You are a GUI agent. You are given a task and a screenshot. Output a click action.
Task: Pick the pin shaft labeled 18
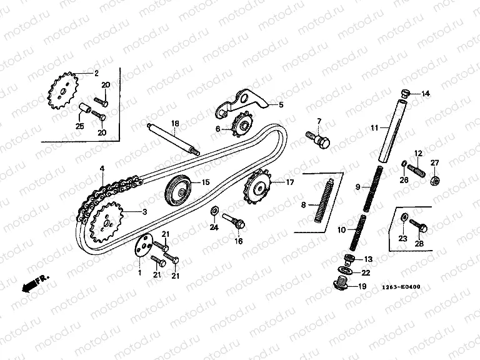tap(172, 139)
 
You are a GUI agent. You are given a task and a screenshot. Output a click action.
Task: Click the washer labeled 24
tap(214, 209)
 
